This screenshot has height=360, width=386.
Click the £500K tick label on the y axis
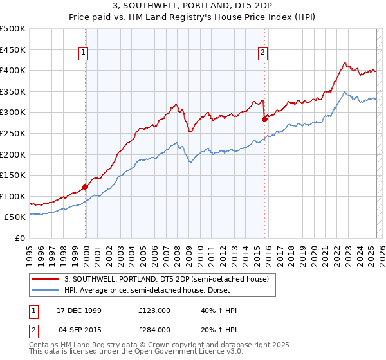click(x=13, y=29)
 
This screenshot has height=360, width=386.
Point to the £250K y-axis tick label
click(x=13, y=133)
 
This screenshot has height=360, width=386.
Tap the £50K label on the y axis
click(x=15, y=217)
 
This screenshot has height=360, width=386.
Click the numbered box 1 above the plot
click(x=85, y=53)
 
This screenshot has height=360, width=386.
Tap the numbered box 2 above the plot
click(x=264, y=53)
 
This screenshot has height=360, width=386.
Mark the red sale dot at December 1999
click(x=85, y=187)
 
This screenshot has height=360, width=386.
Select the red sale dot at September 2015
click(x=264, y=119)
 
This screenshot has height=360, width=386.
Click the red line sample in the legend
click(x=46, y=278)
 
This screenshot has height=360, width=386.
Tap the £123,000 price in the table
click(x=154, y=310)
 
